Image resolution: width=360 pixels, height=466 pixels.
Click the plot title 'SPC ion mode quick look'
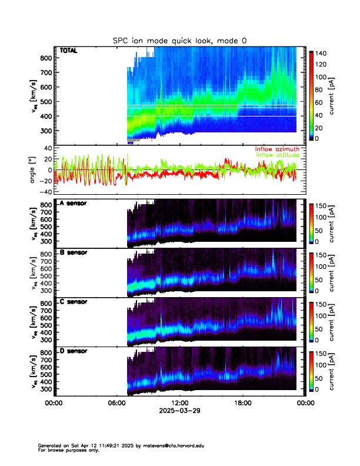(180, 41)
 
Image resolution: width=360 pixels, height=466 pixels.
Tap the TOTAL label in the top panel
(68, 51)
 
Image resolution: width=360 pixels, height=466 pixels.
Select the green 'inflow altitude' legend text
(278, 155)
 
